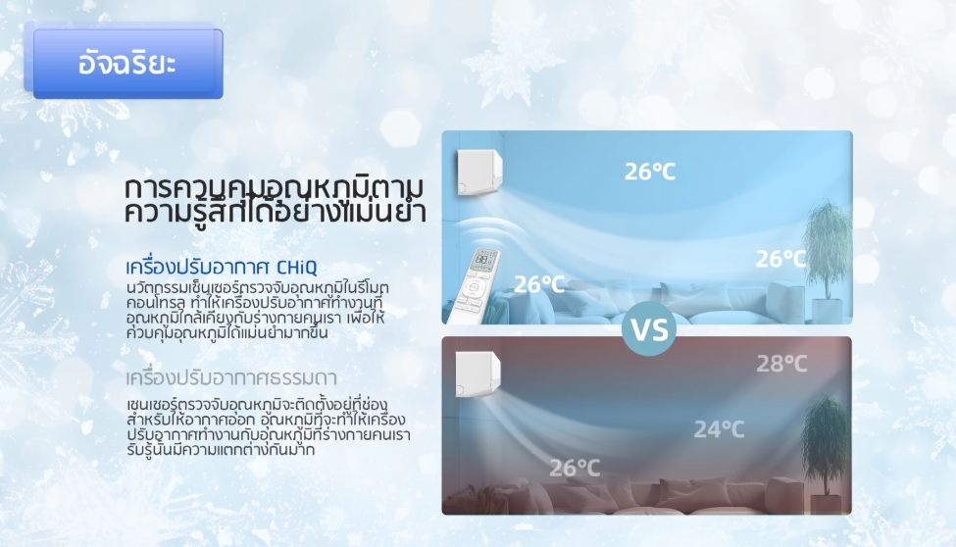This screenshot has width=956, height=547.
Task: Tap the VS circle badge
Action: pos(649,328)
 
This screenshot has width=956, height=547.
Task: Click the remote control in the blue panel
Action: pos(473,285)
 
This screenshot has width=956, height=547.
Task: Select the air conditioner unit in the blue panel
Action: pos(479,173)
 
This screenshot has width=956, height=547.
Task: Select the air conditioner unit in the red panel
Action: pos(478,373)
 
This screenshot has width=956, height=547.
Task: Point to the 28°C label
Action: pos(781,364)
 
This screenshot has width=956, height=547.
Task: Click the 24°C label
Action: pos(719,429)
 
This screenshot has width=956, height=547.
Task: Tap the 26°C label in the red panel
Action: pos(575,468)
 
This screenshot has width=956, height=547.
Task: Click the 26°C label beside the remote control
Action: pos(539,284)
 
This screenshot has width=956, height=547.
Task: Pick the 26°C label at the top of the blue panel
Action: pos(650,172)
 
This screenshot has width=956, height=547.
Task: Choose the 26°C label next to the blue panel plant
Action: pos(780,259)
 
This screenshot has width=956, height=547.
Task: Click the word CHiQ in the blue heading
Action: pos(297,267)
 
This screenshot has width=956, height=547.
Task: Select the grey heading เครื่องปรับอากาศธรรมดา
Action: pos(231,377)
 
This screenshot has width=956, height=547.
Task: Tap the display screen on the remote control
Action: pos(484,259)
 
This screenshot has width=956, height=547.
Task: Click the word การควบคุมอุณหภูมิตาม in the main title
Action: pos(274,188)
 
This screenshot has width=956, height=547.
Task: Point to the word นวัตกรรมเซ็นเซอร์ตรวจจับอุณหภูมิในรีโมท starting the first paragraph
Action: pos(257,287)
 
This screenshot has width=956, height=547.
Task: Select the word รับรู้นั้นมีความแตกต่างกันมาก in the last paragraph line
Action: pos(221,450)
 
